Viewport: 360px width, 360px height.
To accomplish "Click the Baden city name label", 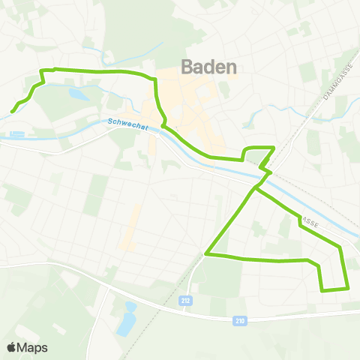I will [x=209, y=66].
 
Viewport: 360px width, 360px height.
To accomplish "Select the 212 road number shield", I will [x=185, y=300].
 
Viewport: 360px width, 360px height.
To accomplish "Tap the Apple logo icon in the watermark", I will [x=12, y=347].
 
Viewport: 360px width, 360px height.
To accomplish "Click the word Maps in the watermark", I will [x=33, y=347].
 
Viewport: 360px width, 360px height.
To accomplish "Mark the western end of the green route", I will [x=13, y=112].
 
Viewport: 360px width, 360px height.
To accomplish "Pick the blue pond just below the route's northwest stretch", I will [x=78, y=94].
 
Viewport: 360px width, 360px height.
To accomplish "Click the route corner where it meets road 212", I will [x=206, y=255].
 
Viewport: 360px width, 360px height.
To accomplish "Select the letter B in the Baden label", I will [x=187, y=66].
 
